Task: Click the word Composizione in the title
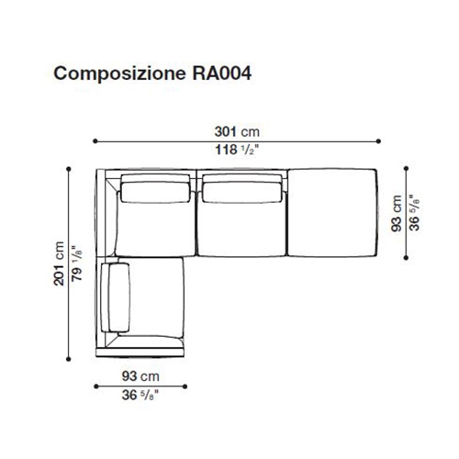[x=119, y=73]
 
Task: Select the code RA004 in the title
[x=222, y=73]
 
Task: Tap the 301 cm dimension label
[x=237, y=132]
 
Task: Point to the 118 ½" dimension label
[x=237, y=150]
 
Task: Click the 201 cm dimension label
[x=59, y=263]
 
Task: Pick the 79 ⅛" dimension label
[x=77, y=263]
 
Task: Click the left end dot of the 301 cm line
[x=95, y=141]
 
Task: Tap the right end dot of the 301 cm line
[x=378, y=141]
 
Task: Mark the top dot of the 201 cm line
[x=69, y=169]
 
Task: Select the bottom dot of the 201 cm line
[x=69, y=359]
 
